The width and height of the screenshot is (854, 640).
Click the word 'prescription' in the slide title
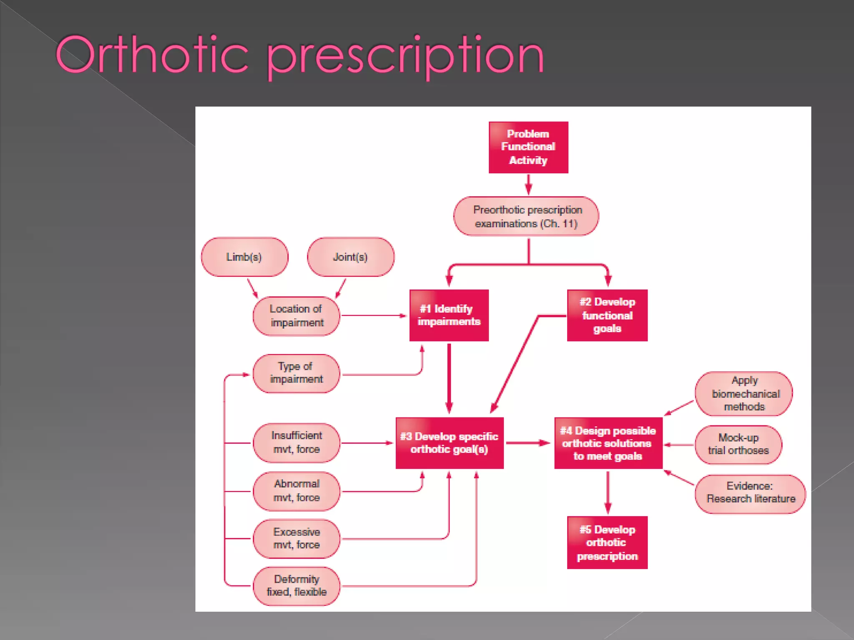pyautogui.click(x=405, y=56)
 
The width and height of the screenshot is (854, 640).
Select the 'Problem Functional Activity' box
pyautogui.click(x=528, y=147)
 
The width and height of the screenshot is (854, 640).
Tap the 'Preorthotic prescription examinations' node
pyautogui.click(x=526, y=216)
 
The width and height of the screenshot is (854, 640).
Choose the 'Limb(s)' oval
pyautogui.click(x=244, y=257)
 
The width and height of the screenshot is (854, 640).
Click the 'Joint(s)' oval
pyautogui.click(x=350, y=257)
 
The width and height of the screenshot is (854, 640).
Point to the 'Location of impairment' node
pyautogui.click(x=296, y=316)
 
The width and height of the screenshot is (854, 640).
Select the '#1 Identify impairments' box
pyautogui.click(x=449, y=315)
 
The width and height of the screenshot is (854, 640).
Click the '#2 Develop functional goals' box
pyautogui.click(x=607, y=315)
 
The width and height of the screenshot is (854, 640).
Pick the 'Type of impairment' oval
pyautogui.click(x=296, y=373)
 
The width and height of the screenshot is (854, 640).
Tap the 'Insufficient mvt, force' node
pyautogui.click(x=296, y=442)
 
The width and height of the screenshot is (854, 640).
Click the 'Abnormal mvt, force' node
pyautogui.click(x=296, y=491)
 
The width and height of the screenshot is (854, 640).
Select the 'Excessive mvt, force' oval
pyautogui.click(x=296, y=538)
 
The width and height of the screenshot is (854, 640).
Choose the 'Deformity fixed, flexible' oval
pyautogui.click(x=296, y=585)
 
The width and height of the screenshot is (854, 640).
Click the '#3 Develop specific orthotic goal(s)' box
pyautogui.click(x=450, y=443)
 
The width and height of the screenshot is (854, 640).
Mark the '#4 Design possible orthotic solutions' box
pyautogui.click(x=608, y=443)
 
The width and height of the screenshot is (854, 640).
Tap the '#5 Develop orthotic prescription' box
pyautogui.click(x=607, y=542)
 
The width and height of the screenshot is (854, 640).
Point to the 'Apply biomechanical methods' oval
pyautogui.click(x=744, y=394)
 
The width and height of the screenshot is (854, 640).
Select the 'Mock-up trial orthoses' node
pyautogui.click(x=738, y=444)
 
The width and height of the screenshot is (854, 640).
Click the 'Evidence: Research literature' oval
pyautogui.click(x=750, y=493)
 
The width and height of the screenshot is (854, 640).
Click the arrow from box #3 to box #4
pyautogui.click(x=528, y=443)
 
